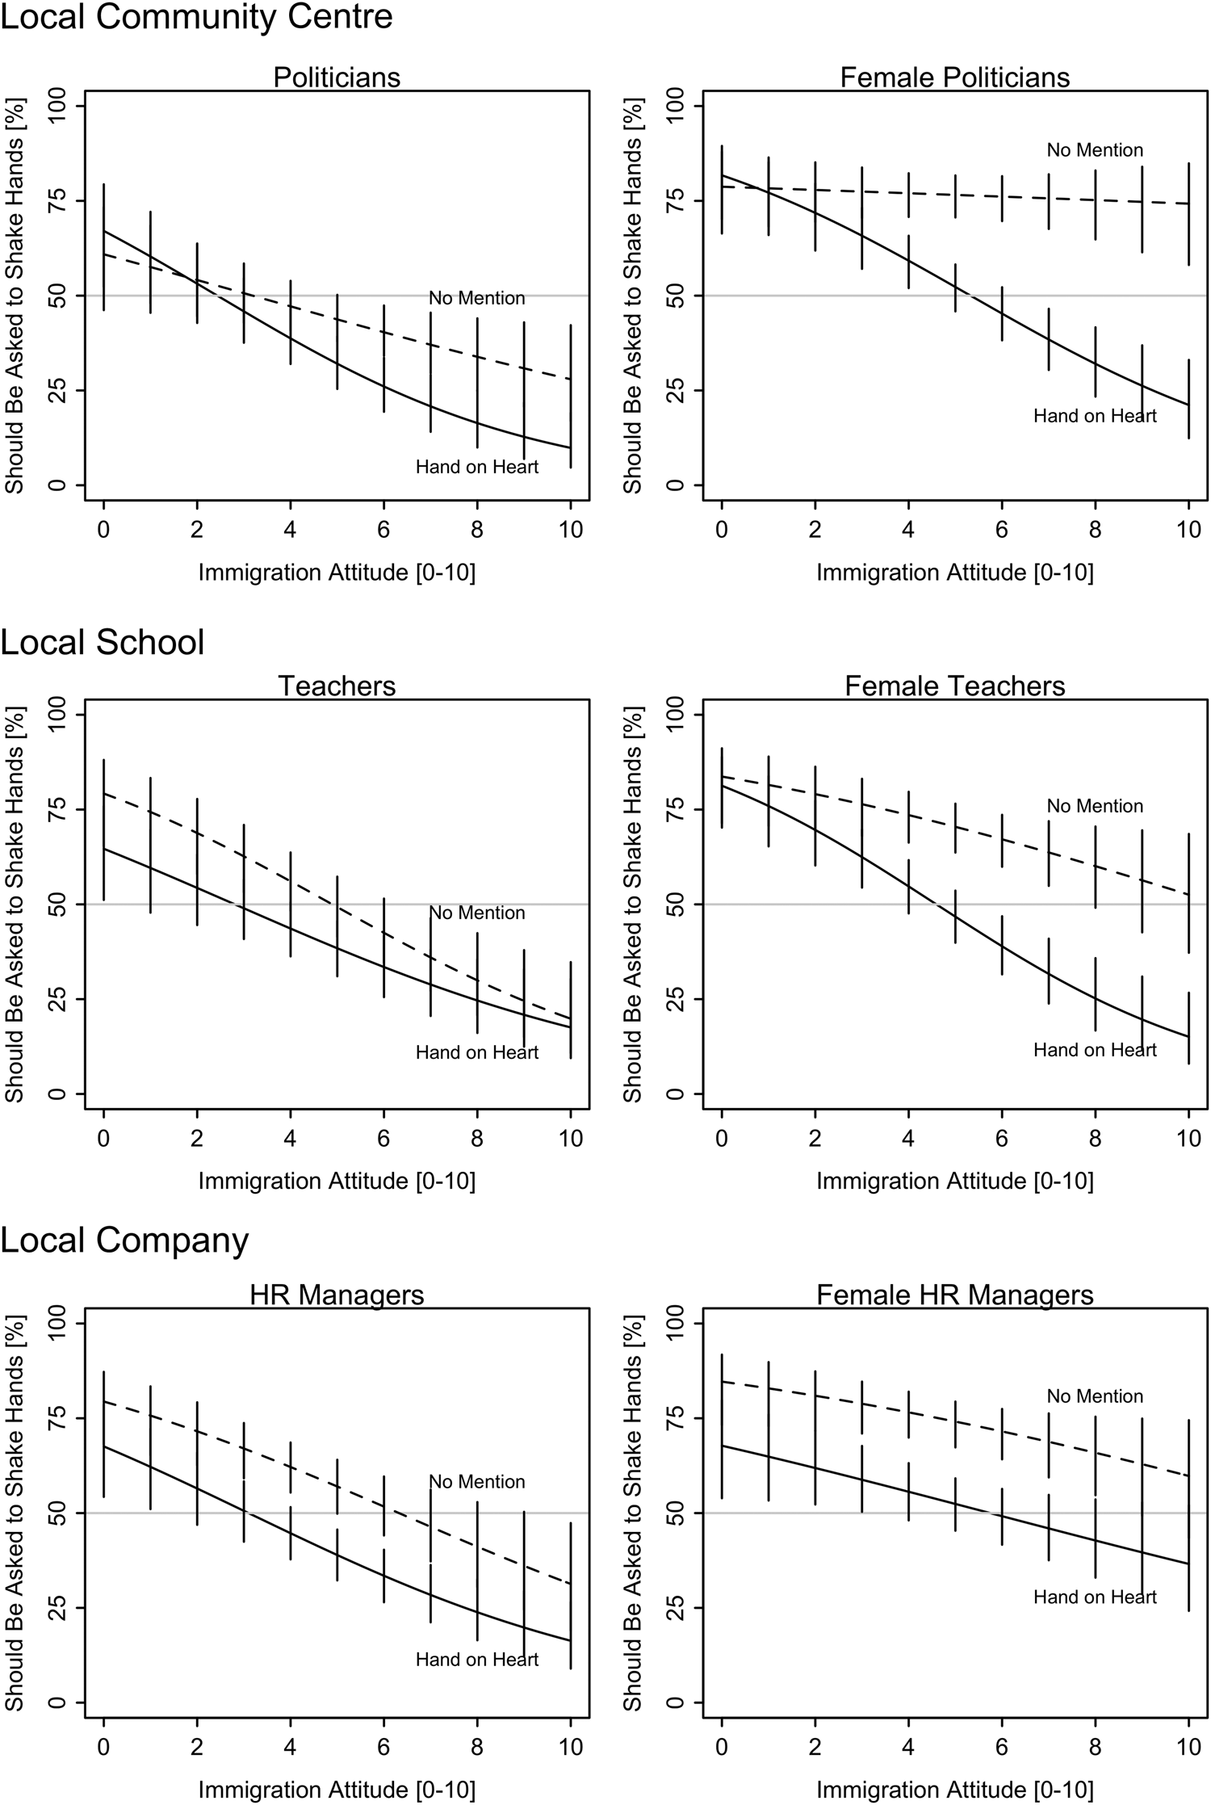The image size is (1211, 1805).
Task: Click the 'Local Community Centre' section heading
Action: pos(196,18)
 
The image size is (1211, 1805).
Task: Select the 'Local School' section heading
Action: pos(103,643)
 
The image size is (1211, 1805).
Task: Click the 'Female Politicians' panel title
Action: pos(955,78)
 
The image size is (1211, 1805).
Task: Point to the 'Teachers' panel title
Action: pos(337,686)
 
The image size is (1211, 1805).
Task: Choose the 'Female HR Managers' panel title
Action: pos(955,1295)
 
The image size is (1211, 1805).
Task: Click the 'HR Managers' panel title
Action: pos(337,1295)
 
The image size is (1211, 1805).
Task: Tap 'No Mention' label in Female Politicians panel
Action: pos(1095,150)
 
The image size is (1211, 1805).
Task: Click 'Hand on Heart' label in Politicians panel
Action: pos(477,467)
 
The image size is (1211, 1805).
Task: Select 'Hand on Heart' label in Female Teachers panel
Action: pos(1095,1050)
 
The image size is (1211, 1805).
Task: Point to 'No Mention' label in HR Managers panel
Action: pos(477,1482)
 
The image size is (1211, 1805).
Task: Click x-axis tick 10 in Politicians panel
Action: pos(571,530)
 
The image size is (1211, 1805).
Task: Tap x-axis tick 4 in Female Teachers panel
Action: pos(908,1139)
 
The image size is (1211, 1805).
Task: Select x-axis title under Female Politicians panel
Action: pos(955,573)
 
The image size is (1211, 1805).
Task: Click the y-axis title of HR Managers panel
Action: pos(15,1513)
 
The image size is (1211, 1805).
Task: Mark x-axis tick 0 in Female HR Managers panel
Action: pos(722,1748)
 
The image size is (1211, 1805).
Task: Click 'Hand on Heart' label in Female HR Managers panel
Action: pos(1095,1597)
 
